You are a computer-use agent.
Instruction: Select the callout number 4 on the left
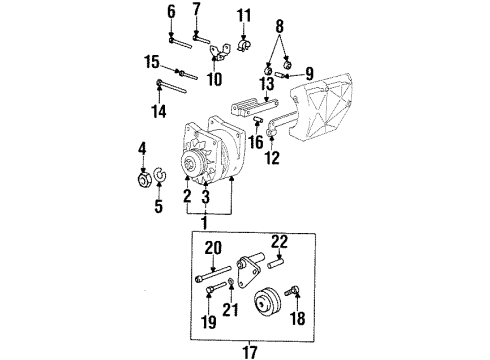pos(142,149)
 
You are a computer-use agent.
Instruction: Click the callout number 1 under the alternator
pos(205,219)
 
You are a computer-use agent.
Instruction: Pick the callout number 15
pos(152,62)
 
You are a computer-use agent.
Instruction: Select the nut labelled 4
pos(142,180)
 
